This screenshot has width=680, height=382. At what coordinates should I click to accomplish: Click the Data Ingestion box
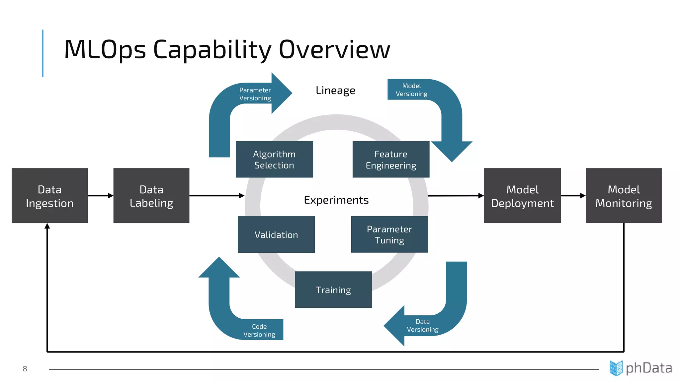49,196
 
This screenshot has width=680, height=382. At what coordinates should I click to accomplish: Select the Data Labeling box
151,196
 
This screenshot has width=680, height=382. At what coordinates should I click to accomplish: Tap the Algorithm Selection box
274,159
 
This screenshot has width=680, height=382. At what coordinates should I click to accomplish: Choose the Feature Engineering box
391,159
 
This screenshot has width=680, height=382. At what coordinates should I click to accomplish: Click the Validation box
276,235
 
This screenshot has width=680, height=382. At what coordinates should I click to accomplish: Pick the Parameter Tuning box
389,234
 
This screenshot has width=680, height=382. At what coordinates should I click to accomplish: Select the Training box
333,290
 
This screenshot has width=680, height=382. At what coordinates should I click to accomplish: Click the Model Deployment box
522,196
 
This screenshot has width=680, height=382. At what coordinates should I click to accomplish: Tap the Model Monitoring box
624,196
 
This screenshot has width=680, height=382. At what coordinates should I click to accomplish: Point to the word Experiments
336,200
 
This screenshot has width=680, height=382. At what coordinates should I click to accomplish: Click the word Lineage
335,91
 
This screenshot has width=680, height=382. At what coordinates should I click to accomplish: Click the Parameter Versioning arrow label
255,94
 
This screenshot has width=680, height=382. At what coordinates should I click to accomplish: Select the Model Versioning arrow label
411,90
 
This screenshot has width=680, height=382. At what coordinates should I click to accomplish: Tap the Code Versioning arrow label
259,331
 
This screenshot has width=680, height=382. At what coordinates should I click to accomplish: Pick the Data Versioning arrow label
423,326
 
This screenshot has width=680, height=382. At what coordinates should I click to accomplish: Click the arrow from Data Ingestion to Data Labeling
100,196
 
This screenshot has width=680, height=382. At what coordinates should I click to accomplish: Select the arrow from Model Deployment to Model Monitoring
573,196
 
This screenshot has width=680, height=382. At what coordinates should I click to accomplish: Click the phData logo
641,368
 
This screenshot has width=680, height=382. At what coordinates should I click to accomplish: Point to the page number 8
25,369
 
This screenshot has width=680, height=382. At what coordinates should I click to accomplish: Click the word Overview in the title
334,50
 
